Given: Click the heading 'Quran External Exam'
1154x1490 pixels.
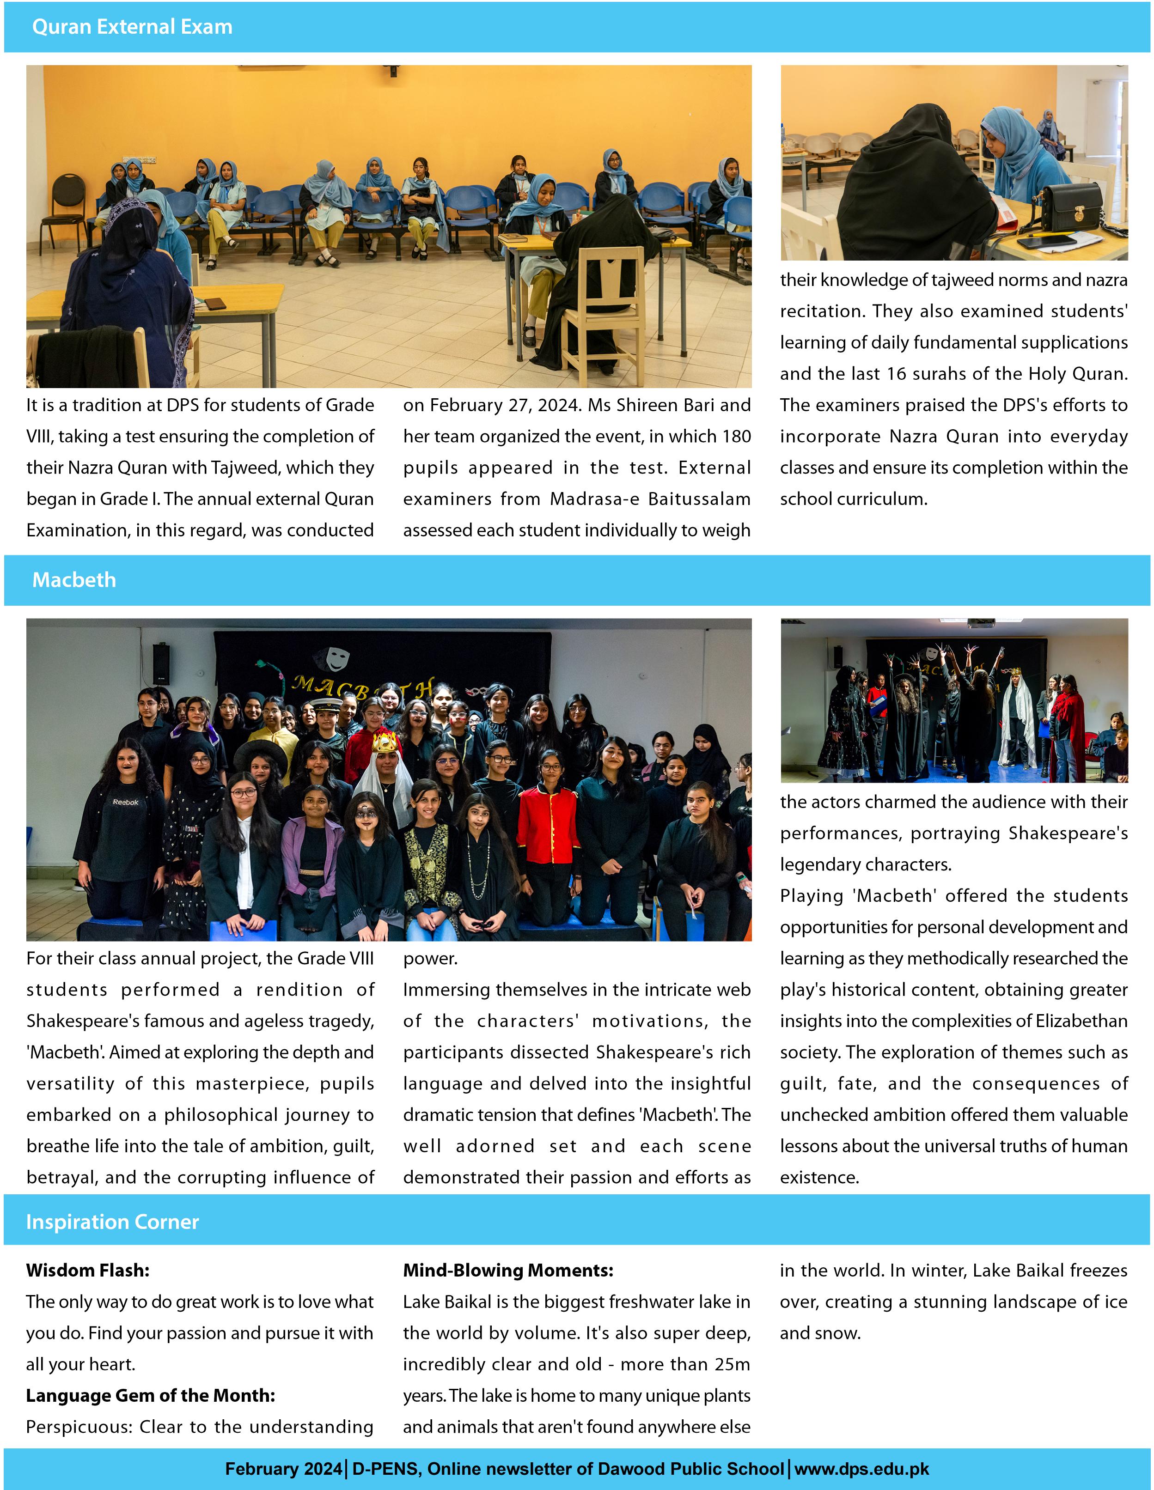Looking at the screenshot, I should [132, 27].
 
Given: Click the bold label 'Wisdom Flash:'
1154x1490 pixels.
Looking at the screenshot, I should [87, 1271].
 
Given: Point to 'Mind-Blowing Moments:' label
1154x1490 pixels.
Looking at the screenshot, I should [508, 1271].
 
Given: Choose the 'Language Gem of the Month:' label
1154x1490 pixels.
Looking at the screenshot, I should [150, 1395].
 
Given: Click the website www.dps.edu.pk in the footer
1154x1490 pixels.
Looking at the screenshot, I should [861, 1469].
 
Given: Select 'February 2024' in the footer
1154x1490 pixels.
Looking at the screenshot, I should [283, 1469].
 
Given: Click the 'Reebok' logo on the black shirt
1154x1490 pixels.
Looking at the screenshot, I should [126, 803].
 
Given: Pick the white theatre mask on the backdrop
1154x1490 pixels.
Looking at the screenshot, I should [336, 657].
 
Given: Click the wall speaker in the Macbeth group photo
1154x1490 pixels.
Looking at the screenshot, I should [161, 664].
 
